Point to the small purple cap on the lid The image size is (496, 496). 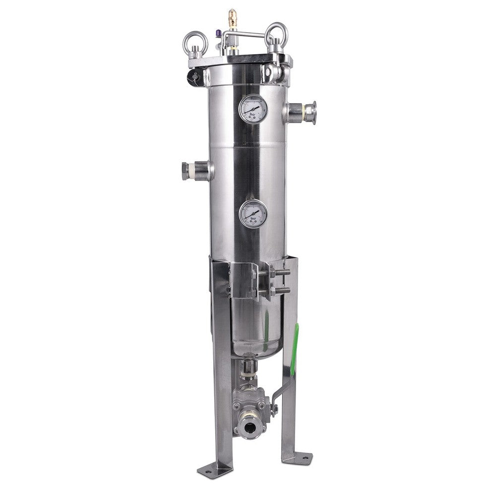pyautogui.click(x=217, y=34)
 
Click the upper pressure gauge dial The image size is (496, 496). pyautogui.click(x=253, y=109)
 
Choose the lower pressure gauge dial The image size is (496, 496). pyautogui.click(x=253, y=214)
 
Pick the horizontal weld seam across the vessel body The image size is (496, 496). pyautogui.click(x=247, y=146)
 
